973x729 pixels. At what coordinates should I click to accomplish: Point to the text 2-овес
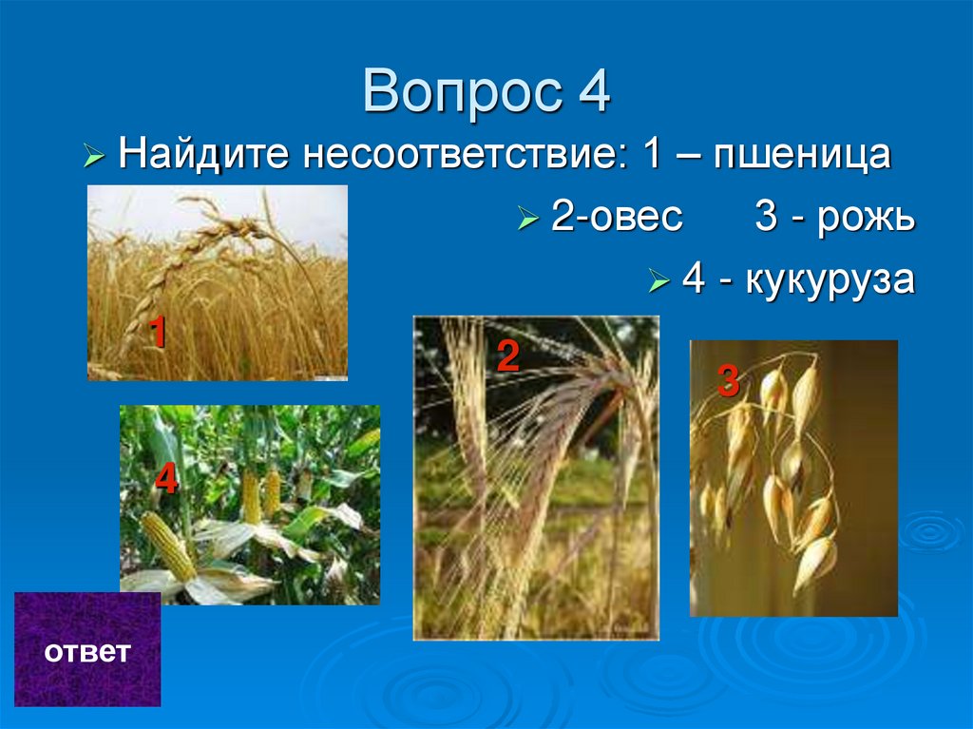pyautogui.click(x=617, y=217)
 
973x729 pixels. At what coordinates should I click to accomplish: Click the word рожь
pyautogui.click(x=867, y=219)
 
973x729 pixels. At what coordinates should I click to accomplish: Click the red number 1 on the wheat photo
pyautogui.click(x=158, y=333)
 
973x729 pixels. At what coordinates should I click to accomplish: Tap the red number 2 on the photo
pyautogui.click(x=507, y=356)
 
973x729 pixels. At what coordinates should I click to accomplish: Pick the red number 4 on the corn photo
pyautogui.click(x=166, y=480)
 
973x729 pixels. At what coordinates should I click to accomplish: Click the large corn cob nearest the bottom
pyautogui.click(x=169, y=544)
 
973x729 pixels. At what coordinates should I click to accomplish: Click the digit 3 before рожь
pyautogui.click(x=767, y=218)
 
